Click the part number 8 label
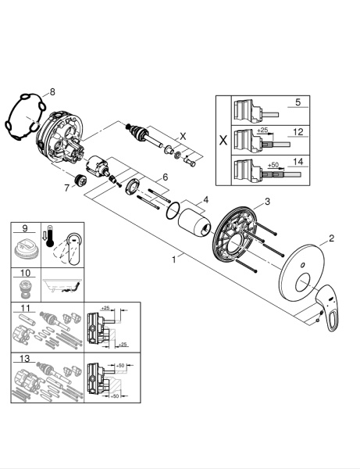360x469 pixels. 53,91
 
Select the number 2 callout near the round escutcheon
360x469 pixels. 331,238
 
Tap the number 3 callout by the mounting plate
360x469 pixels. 268,202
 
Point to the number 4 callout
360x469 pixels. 205,199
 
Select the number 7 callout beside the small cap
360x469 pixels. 66,188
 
